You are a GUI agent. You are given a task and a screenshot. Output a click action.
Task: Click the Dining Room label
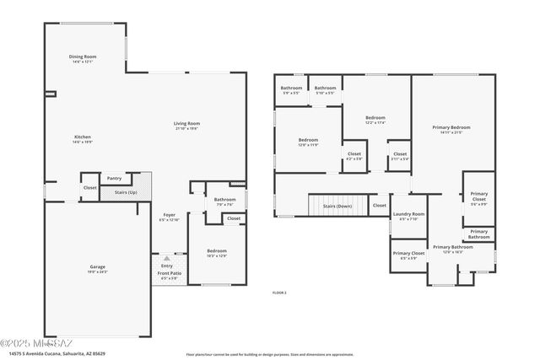[x=84, y=57]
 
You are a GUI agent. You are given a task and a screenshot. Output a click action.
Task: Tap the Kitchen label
[x=82, y=137]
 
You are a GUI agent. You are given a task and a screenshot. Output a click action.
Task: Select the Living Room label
[x=186, y=123]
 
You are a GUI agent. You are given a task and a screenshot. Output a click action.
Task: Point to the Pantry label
[x=114, y=178]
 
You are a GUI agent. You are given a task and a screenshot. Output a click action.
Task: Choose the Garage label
[x=98, y=266]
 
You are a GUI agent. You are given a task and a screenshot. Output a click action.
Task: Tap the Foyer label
[x=170, y=215]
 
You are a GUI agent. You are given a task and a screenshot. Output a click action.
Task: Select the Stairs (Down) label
[x=337, y=205]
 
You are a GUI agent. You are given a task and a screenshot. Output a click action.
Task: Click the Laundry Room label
[x=408, y=214]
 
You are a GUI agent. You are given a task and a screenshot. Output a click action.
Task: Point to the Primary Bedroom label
[x=451, y=127]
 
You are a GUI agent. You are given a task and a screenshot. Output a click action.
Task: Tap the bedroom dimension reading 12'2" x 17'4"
[x=375, y=123]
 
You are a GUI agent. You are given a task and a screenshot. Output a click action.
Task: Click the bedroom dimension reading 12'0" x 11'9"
[x=308, y=145]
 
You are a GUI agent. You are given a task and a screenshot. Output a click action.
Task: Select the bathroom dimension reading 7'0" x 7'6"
[x=224, y=204]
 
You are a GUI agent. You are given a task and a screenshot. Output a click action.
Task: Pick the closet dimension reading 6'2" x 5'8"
[x=354, y=159]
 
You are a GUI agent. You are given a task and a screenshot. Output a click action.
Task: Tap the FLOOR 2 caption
[x=279, y=293]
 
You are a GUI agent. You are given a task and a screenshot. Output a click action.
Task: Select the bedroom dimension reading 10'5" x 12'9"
[x=217, y=255]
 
